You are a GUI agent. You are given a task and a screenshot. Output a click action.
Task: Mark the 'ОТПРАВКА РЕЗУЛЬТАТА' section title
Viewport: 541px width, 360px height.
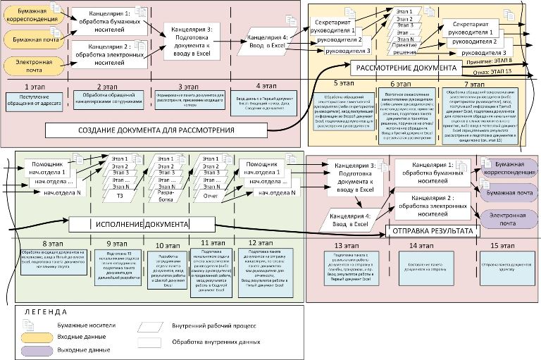point(431,230)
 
